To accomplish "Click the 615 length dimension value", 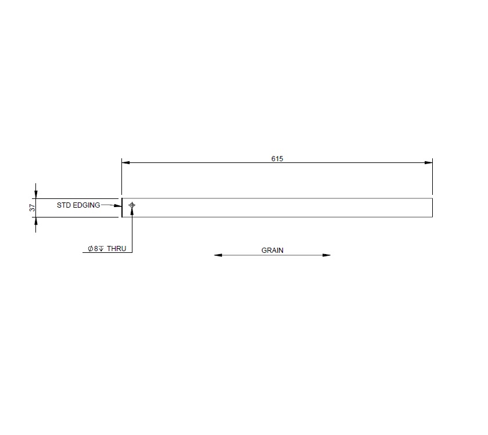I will [x=277, y=159].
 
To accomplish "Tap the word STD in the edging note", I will [x=63, y=205].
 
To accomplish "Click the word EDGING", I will [x=86, y=205].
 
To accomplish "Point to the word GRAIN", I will [x=272, y=251].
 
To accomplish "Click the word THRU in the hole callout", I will [x=116, y=248].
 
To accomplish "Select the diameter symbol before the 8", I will [x=91, y=248].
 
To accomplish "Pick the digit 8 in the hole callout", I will [x=96, y=248].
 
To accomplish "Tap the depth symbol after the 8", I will [x=101, y=248].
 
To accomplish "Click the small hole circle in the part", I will [x=132, y=205].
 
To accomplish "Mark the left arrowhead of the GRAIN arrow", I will [x=218, y=255].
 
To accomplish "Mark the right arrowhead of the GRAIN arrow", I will [x=326, y=255].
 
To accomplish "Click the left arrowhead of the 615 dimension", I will [x=125, y=163].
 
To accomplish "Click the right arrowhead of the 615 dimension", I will [x=429, y=163].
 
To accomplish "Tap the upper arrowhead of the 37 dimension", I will [x=36, y=194].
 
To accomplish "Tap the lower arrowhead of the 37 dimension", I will [x=36, y=221].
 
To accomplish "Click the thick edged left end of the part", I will [x=122, y=208].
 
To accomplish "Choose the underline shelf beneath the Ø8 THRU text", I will [x=107, y=253].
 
